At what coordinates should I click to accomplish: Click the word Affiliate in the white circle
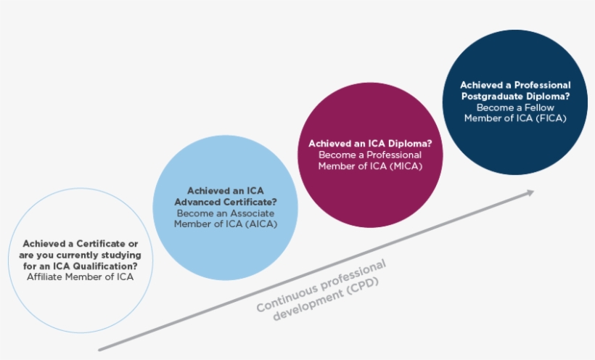click(47, 277)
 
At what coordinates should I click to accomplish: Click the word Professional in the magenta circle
click(395, 155)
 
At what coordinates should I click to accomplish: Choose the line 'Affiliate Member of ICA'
click(80, 277)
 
